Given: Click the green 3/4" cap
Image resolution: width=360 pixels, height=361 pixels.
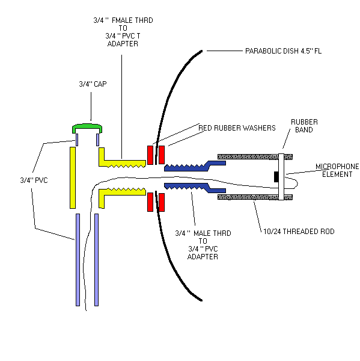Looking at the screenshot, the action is tap(87, 126).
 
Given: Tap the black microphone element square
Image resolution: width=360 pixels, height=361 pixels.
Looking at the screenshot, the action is tap(276, 177).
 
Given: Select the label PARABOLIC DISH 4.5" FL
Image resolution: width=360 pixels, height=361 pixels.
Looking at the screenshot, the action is tap(283, 51).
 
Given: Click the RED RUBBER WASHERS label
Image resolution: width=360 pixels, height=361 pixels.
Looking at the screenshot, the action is tap(237, 128).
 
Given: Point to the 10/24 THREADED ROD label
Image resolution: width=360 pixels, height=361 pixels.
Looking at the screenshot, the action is tap(299, 232).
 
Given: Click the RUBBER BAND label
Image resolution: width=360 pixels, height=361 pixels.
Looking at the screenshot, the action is tap(304, 126).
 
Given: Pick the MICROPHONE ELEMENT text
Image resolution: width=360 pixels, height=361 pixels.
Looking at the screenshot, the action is tap(337, 170).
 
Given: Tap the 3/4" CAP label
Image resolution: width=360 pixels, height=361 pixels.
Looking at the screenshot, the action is tap(93, 84).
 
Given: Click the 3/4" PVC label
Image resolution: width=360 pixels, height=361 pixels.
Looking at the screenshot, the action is tap(34, 180).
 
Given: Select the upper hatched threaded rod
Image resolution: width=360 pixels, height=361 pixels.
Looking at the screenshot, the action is tap(255, 157).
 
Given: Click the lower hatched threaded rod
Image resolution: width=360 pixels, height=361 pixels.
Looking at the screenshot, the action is tap(255, 197).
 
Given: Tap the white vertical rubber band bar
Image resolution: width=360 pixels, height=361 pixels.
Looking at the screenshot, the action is tap(281, 177).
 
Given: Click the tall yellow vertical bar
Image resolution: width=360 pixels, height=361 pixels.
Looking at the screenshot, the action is tap(73, 177).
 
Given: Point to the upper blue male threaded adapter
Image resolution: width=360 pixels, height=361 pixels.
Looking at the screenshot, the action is tap(195, 166).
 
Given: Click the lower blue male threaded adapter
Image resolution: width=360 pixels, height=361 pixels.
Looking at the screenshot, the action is tap(195, 188).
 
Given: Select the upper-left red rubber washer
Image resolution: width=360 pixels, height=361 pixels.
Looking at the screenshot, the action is tap(150, 155).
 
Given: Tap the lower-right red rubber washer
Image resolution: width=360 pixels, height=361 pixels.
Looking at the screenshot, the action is tap(162, 202).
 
